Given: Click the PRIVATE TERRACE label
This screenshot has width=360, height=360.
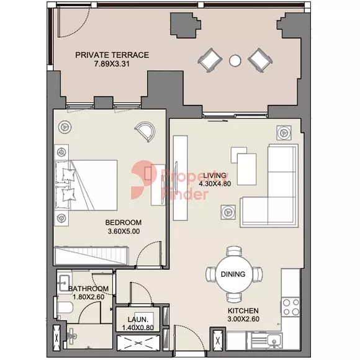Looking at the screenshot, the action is [112, 55].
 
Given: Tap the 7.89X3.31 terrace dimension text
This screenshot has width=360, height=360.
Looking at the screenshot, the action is [112, 64].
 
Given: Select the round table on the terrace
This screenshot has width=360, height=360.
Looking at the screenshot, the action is [235, 60].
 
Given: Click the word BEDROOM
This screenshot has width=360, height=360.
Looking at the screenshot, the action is [124, 222].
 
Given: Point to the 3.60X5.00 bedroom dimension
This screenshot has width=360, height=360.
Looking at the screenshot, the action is [124, 231].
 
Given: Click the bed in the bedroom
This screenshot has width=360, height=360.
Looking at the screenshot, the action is [86, 185].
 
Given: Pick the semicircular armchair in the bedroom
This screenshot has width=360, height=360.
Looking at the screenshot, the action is [145, 132].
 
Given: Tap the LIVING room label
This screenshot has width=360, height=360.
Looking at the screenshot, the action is [215, 176].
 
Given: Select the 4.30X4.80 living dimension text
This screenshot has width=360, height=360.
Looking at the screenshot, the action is [215, 184].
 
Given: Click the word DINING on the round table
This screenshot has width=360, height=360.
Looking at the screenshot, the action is [233, 274].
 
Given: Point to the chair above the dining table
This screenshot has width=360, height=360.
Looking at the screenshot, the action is [234, 251].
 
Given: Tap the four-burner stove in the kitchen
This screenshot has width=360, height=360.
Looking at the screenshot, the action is [290, 307].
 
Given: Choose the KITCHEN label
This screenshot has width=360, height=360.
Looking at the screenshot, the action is [243, 310].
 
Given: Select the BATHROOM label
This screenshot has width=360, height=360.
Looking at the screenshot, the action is [89, 289].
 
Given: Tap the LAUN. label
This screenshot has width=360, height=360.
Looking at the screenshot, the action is [138, 320].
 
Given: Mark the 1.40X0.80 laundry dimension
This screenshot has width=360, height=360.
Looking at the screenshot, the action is [138, 328].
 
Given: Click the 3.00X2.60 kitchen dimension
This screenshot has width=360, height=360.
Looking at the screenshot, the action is [243, 319].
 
